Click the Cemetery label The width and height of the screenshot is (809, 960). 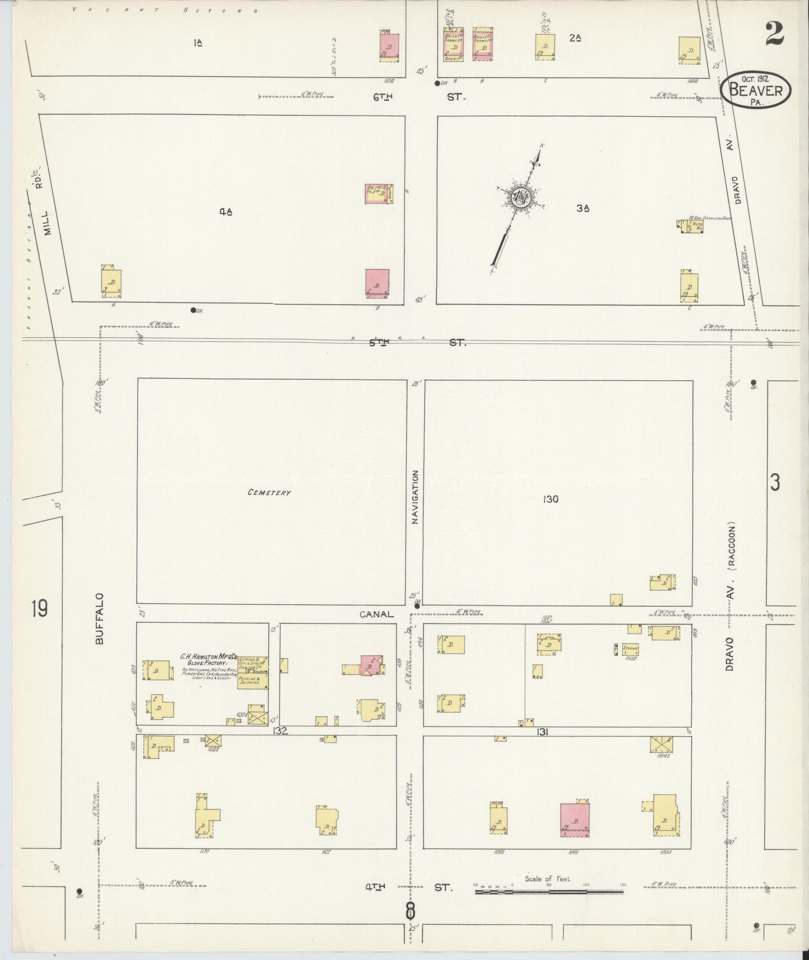click(269, 493)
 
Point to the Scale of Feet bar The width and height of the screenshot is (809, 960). click(549, 890)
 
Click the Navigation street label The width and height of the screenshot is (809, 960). click(415, 497)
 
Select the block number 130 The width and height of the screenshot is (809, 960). click(550, 499)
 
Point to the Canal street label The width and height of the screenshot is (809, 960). click(376, 614)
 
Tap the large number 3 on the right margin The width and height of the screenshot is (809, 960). click(774, 483)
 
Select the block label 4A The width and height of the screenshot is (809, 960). click(226, 211)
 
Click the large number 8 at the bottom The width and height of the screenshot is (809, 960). click(410, 911)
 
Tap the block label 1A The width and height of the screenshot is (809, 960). click(197, 41)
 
